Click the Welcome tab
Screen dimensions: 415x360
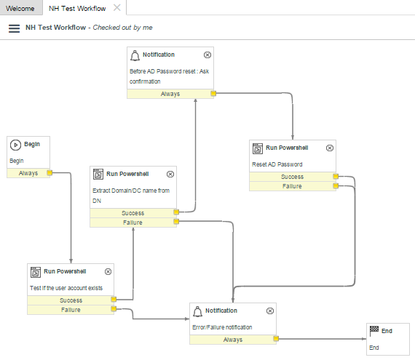(20, 9)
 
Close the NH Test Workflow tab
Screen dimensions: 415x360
(116, 8)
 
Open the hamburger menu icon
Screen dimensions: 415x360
(14, 28)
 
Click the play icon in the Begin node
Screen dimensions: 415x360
(15, 145)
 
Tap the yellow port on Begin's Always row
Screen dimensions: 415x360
(50, 173)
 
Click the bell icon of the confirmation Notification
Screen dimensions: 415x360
(135, 55)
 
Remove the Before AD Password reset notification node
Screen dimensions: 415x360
(207, 55)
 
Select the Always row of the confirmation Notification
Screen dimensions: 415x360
(170, 94)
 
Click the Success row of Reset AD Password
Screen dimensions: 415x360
(293, 177)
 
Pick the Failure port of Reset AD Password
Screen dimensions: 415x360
(336, 185)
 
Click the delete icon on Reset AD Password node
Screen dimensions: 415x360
(330, 148)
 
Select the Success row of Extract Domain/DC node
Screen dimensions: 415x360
(133, 213)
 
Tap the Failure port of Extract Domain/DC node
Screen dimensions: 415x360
(176, 222)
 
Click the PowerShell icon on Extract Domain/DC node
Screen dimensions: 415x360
(98, 175)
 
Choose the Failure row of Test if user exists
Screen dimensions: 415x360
(71, 310)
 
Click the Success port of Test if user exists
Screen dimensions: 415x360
(114, 299)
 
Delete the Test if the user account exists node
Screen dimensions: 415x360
(108, 272)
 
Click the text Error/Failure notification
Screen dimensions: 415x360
(222, 327)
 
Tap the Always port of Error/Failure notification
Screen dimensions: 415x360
(276, 339)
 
